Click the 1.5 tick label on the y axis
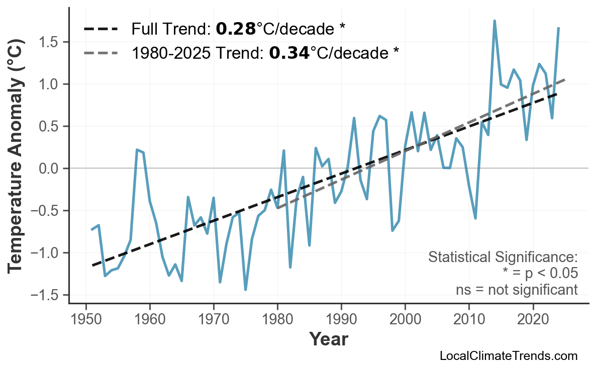click(x=49, y=42)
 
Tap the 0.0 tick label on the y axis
click(x=49, y=168)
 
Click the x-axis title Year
click(x=328, y=340)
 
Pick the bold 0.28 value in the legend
click(x=236, y=29)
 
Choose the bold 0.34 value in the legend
click(x=289, y=52)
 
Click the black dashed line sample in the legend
click(x=101, y=29)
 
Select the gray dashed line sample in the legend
click(x=101, y=52)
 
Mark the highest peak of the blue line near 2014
click(x=494, y=21)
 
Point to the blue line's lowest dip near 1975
click(x=245, y=290)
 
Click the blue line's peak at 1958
click(x=137, y=150)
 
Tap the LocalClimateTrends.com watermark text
click(x=508, y=356)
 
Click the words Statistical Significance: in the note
click(x=503, y=258)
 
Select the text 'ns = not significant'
click(x=516, y=290)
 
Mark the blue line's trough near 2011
click(x=475, y=218)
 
